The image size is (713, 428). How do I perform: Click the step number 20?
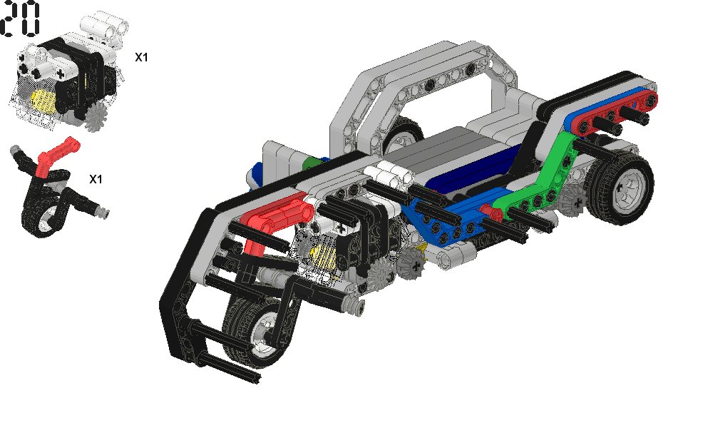(x=20, y=19)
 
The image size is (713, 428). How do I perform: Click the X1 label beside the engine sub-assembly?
(x=141, y=57)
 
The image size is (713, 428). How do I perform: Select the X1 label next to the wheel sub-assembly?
(x=96, y=179)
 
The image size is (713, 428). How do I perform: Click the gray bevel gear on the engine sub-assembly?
(x=96, y=117)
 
